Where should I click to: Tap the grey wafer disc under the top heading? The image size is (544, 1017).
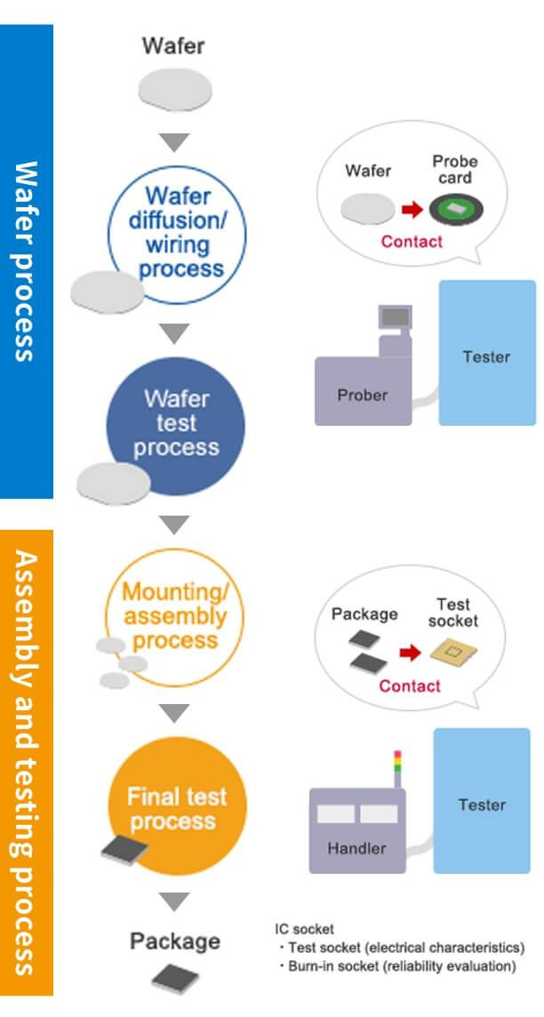174,89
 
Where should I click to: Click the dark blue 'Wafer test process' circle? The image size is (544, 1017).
176,421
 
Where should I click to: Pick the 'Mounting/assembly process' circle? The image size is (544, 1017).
174,615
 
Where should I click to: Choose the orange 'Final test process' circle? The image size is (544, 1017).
176,807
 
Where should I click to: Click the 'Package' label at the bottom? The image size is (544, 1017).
174,941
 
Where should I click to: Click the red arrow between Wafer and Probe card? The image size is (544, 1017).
410,211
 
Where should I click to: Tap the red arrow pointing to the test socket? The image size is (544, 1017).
410,653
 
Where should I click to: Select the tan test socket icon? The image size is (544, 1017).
453,653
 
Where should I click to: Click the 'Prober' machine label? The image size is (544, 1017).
362,395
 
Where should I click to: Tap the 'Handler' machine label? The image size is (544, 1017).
356,848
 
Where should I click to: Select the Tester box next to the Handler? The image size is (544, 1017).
482,805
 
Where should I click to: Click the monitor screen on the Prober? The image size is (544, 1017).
395,316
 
